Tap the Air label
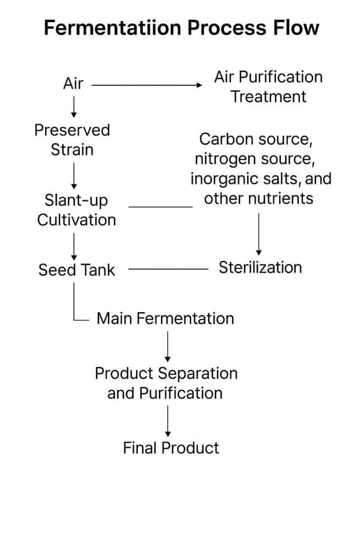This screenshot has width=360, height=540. [x=73, y=83]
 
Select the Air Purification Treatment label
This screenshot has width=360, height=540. [x=268, y=87]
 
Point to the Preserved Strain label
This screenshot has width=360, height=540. [x=72, y=140]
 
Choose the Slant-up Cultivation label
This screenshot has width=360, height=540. [x=76, y=210]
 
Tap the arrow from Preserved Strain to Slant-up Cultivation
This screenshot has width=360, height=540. [x=74, y=175]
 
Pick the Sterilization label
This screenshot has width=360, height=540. [x=260, y=267]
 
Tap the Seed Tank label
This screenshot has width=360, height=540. [x=76, y=270]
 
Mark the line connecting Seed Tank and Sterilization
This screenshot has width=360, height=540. [x=169, y=269]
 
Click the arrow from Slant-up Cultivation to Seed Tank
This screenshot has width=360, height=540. [x=74, y=244]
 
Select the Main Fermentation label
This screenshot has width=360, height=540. [x=166, y=319]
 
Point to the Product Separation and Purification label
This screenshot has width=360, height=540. [x=166, y=383]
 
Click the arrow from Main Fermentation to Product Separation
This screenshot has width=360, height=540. [x=168, y=346]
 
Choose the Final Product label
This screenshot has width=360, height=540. [x=171, y=448]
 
